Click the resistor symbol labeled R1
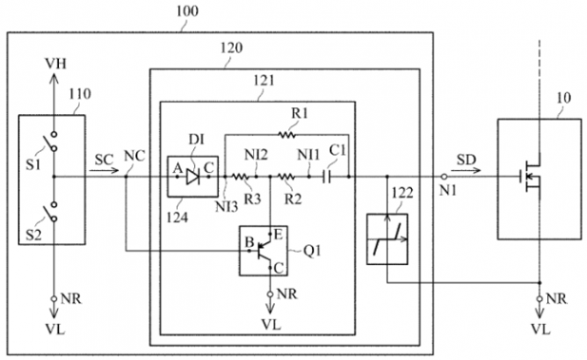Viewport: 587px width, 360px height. [286, 134]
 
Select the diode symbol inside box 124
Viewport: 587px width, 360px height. [192, 176]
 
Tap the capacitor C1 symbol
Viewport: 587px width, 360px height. [327, 176]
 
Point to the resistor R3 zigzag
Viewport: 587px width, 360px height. [241, 176]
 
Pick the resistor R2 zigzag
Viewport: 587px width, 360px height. [287, 176]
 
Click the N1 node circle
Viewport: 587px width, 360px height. [443, 176]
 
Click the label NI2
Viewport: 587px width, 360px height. [257, 155]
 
